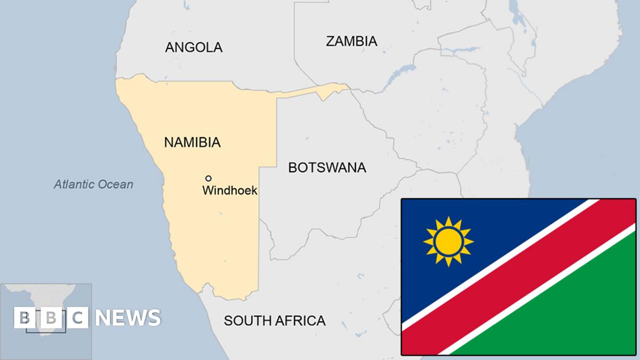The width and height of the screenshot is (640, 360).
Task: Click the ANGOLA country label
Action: (194, 47)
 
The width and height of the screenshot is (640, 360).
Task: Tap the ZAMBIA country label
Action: (351, 41)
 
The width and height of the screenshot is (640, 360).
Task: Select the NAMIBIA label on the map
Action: (192, 142)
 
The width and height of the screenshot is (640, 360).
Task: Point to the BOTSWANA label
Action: (327, 167)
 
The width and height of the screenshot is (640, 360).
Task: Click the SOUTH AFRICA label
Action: (275, 321)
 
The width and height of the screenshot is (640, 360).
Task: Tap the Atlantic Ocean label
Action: (93, 185)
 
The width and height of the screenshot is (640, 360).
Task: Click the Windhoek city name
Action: (230, 190)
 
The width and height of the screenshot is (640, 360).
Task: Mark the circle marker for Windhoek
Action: (209, 178)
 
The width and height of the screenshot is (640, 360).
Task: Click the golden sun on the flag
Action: (448, 242)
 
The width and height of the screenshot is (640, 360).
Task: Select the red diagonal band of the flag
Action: (517, 277)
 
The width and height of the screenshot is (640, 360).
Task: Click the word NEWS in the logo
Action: (128, 318)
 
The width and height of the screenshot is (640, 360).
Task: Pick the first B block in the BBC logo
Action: (25, 318)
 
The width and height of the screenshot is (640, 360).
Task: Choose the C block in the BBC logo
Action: (78, 318)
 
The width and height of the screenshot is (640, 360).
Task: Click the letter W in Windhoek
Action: (207, 190)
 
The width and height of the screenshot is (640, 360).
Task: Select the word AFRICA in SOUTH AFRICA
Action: (302, 321)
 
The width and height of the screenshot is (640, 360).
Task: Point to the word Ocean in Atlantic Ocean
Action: (115, 185)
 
